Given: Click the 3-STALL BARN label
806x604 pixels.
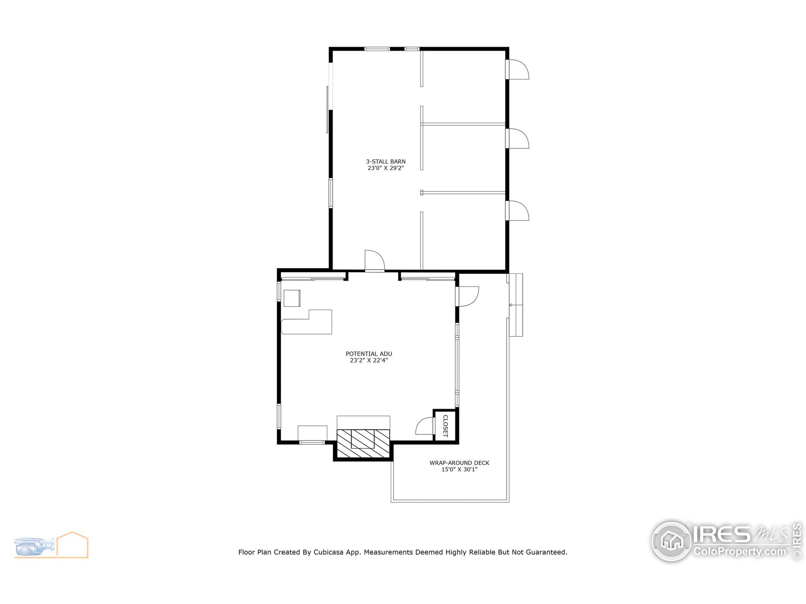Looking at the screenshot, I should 385,161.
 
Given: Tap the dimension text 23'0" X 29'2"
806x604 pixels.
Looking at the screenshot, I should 385,168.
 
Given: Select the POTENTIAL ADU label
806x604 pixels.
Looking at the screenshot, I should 369,354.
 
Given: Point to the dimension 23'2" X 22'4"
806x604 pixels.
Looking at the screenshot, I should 369,361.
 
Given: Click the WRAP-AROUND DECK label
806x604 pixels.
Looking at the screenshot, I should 459,463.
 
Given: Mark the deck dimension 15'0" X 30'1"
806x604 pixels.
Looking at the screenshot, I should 459,470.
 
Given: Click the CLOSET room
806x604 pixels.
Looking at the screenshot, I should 445,425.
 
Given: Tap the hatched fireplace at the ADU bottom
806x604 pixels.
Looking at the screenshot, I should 363,444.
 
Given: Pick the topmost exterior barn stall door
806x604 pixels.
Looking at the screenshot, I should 517,70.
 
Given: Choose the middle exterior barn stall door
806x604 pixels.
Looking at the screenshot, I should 517,139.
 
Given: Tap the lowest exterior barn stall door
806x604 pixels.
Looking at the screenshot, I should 517,211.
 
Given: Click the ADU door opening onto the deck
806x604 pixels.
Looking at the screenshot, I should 468,296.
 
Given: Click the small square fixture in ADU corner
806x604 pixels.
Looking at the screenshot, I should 292,299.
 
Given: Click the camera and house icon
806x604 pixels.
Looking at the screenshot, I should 51,545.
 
